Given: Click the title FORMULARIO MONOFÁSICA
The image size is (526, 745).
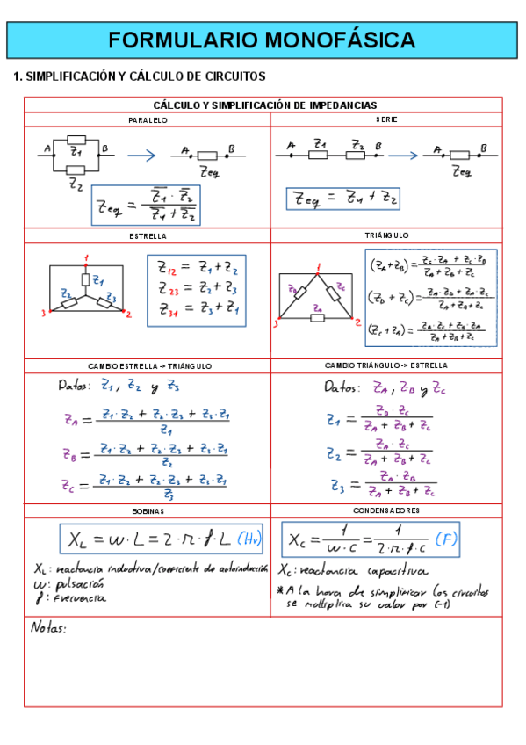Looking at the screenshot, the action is tap(263, 40).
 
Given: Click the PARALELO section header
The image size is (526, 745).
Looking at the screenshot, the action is tap(148, 119).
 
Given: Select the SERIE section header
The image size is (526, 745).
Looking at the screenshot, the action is tap(386, 119).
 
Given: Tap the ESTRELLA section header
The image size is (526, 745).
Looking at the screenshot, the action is tap(148, 236).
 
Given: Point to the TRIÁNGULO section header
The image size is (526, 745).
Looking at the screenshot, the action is tap(386, 235).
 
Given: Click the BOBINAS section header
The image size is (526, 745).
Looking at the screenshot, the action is tap(148, 511).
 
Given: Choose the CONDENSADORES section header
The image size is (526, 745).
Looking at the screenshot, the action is tap(386, 510).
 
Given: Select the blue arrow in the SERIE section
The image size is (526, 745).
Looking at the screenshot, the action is tap(403, 155).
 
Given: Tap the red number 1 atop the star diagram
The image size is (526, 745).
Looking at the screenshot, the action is tap(86, 257).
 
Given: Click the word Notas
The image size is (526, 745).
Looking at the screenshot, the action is tap(48, 627).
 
